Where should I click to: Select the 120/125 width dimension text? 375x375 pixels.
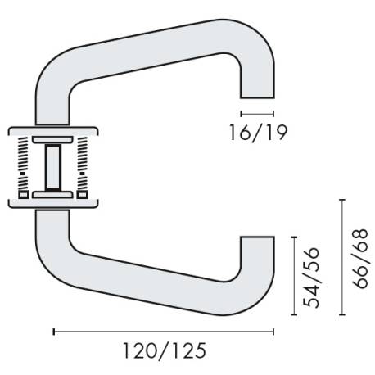pos(164,351)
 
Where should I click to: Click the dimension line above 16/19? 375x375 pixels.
pos(256,112)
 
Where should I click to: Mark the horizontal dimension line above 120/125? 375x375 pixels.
pos(164,332)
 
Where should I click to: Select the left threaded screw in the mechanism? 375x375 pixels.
pos(23,165)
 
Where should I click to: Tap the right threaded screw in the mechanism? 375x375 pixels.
pos(85,165)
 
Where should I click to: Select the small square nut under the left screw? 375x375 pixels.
pos(22,195)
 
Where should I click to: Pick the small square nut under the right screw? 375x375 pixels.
pos(85,195)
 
